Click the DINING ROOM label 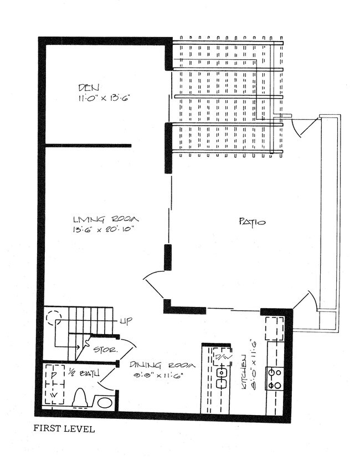pos(163,365)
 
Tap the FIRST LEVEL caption pos(64,428)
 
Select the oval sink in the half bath pos(104,401)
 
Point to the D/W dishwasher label pos(222,357)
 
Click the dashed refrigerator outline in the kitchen pos(274,329)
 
